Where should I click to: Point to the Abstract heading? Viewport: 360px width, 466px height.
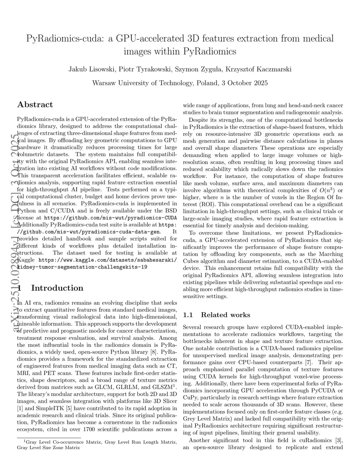pos(35,104)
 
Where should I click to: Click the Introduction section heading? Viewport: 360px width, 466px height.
pos(57,288)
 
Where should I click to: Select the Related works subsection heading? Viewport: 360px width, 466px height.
pos(225,315)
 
